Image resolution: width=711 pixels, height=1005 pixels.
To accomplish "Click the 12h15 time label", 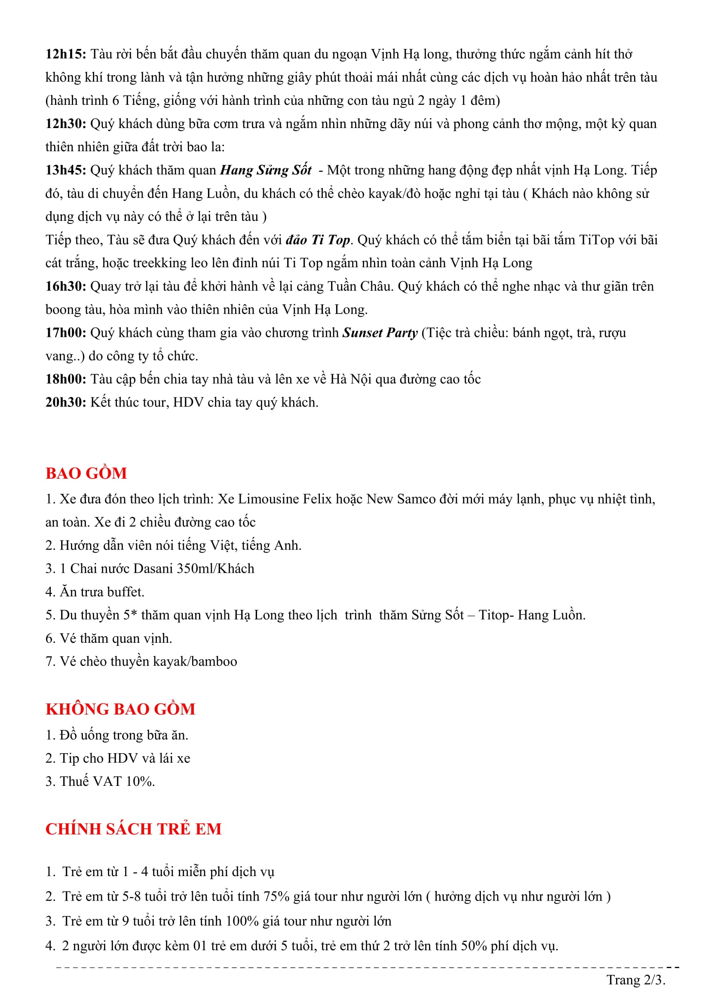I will (x=66, y=54).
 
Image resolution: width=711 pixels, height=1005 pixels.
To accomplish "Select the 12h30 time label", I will (x=66, y=124).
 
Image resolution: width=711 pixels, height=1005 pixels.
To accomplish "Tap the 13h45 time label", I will (x=66, y=170).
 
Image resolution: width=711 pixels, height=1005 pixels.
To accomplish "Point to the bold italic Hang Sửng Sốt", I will (x=266, y=170).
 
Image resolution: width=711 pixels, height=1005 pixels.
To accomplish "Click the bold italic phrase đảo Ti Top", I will (x=318, y=240).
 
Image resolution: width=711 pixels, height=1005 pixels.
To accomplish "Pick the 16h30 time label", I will (x=66, y=286).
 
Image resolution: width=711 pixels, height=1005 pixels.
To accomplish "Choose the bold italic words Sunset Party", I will (x=380, y=333).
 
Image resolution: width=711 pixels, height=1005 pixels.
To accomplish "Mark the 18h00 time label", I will (x=66, y=379).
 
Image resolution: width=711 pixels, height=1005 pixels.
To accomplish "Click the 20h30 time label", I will (x=66, y=402).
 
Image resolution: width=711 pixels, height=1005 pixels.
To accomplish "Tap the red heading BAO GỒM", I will (x=86, y=473).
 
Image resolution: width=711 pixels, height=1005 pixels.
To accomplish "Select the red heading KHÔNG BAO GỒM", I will (x=120, y=709).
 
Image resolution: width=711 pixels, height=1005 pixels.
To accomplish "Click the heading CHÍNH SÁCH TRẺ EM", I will (x=134, y=829).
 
